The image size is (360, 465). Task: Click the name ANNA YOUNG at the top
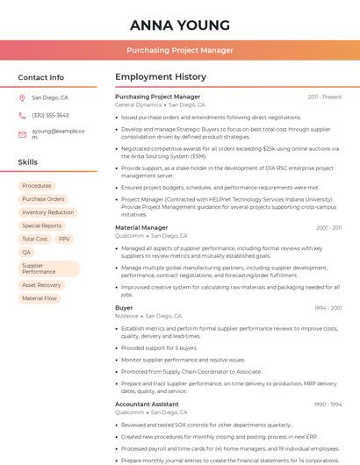point(180,25)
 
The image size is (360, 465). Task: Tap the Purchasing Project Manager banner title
point(180,51)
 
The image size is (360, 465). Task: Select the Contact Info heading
point(41,77)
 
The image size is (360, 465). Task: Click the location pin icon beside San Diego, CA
point(22,97)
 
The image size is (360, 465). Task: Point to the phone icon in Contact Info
point(22,115)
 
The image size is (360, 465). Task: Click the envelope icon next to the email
point(22,135)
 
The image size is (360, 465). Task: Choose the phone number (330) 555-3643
point(50,115)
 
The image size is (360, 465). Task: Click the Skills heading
point(28,162)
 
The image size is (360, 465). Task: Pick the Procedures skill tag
point(37,186)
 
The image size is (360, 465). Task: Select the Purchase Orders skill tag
point(43,199)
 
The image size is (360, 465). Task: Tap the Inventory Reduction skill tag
point(48,212)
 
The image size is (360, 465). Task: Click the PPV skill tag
point(65,239)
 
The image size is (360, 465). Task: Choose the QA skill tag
point(26,252)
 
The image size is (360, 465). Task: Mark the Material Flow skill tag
point(40,298)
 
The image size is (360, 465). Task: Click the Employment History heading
point(161,77)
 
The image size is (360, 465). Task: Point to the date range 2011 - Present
point(325,97)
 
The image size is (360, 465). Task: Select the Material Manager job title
point(141,228)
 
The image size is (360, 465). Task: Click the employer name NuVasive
point(126,316)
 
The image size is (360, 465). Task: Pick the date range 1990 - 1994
point(328,404)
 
